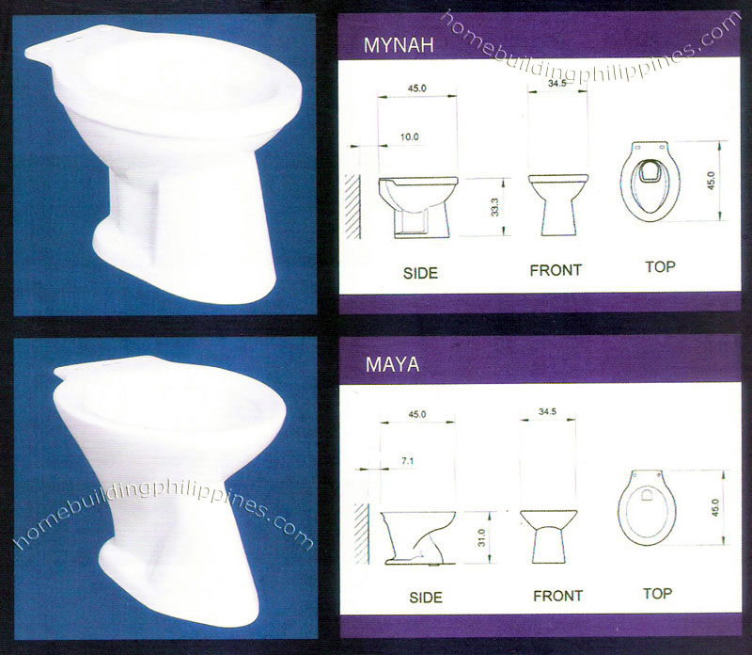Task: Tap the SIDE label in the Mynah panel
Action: tap(420, 274)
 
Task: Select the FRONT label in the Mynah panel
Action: tap(556, 270)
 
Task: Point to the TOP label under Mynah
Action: tap(660, 267)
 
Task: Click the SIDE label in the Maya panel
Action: tap(426, 597)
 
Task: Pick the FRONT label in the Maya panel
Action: tap(558, 596)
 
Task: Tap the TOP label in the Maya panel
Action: tap(657, 594)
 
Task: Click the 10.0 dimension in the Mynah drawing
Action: tap(409, 137)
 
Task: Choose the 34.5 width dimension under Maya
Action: tap(550, 411)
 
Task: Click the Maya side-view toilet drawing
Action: tap(419, 536)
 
